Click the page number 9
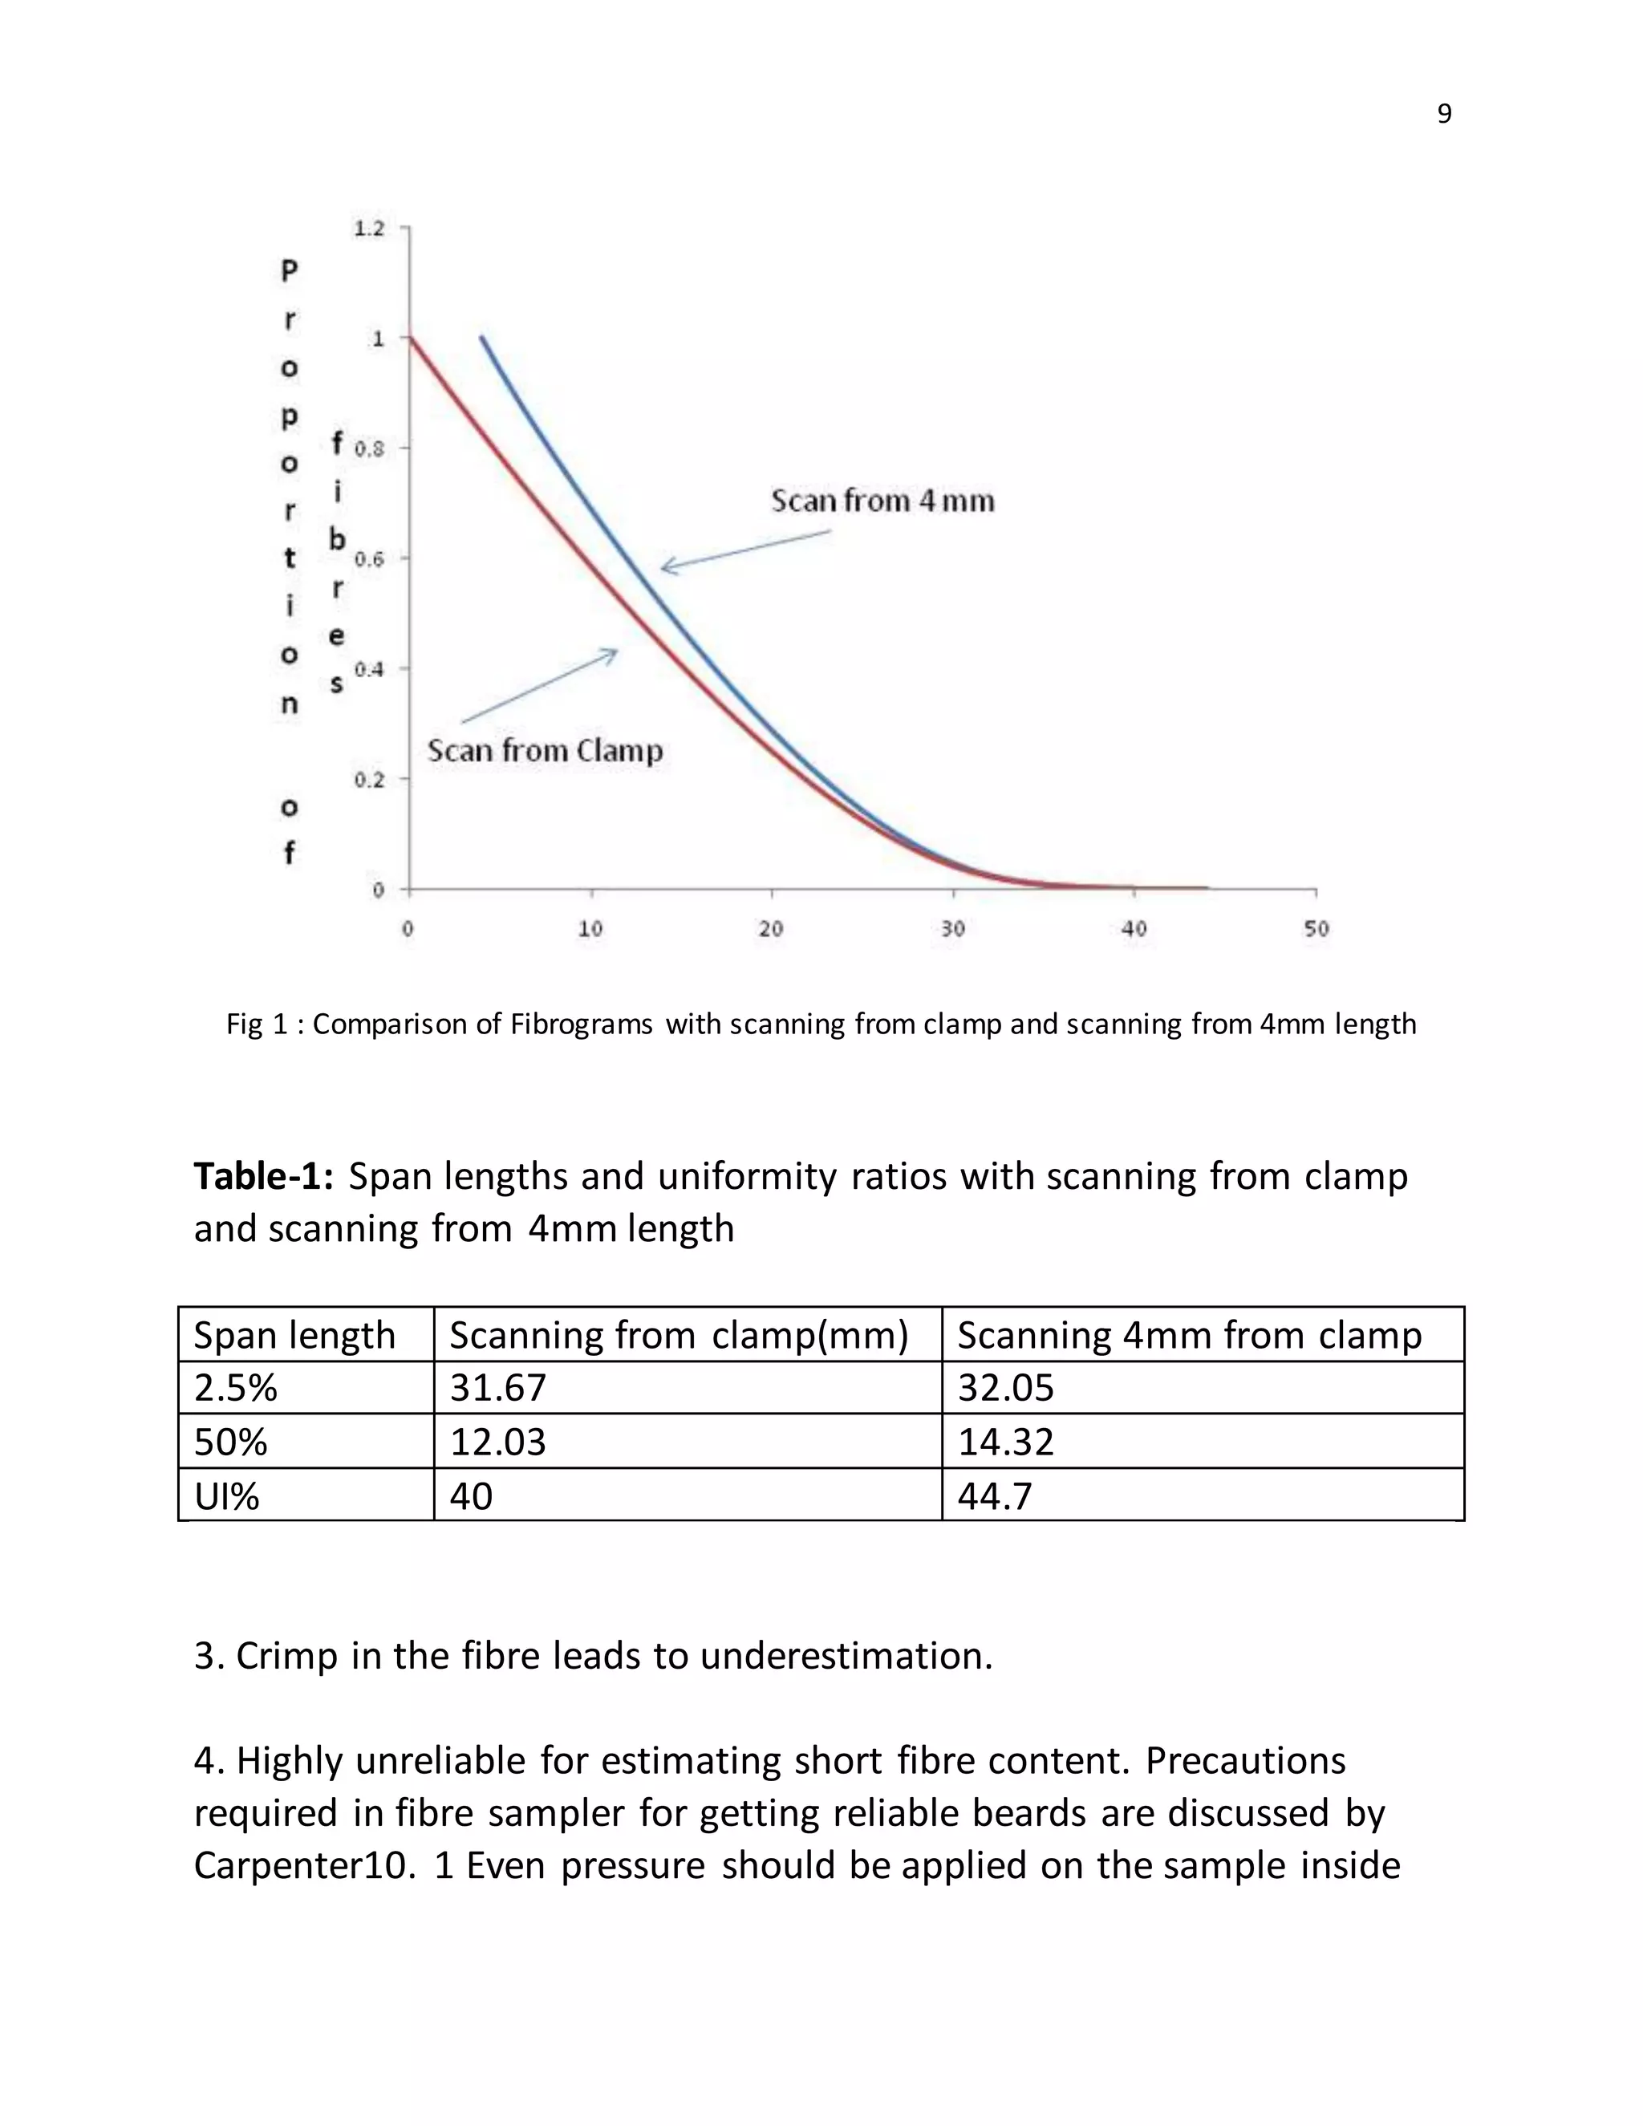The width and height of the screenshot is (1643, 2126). tap(1443, 114)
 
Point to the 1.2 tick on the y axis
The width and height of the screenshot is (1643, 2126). tap(369, 229)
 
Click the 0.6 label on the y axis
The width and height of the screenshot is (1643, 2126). tap(369, 558)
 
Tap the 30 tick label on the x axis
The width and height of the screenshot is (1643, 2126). tap(953, 929)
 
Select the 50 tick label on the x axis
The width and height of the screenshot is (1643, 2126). tap(1316, 929)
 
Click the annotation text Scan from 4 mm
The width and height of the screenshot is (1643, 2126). tap(882, 501)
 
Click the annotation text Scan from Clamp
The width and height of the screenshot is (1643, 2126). tap(545, 751)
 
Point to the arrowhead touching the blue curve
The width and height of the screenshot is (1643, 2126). tap(666, 566)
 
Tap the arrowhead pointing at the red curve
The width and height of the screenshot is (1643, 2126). tap(613, 651)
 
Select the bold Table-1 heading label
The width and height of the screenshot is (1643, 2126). tap(264, 1176)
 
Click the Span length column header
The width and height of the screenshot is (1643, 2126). tap(294, 1335)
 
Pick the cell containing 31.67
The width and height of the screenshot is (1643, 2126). tap(497, 1387)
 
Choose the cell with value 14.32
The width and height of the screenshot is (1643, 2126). tap(1005, 1441)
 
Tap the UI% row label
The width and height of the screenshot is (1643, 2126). tap(227, 1495)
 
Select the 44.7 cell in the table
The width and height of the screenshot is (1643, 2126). tap(994, 1495)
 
